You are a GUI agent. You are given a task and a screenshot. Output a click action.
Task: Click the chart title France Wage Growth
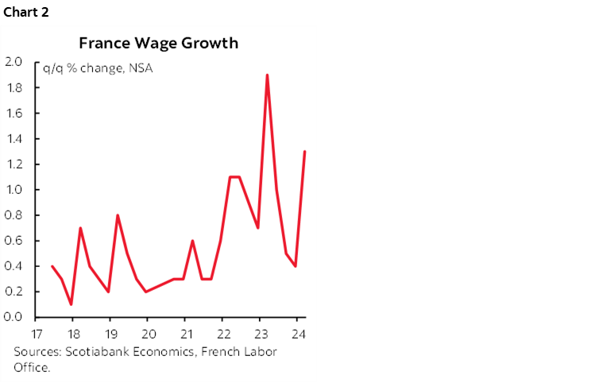157,43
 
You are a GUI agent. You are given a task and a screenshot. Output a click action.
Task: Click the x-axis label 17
36,332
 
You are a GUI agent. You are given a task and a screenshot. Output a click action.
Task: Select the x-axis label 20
148,332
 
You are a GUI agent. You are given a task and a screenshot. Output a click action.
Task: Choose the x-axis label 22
222,332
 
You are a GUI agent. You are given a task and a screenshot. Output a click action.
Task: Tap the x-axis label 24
297,332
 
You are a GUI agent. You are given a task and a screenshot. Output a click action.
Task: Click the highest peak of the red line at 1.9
267,75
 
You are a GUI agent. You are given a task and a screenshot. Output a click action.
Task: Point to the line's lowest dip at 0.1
71,304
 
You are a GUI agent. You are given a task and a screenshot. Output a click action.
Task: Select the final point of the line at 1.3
305,152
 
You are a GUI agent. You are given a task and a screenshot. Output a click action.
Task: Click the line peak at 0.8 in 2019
118,215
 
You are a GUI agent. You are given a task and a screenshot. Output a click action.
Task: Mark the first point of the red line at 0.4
52,266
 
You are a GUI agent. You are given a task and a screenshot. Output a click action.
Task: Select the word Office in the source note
30,367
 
